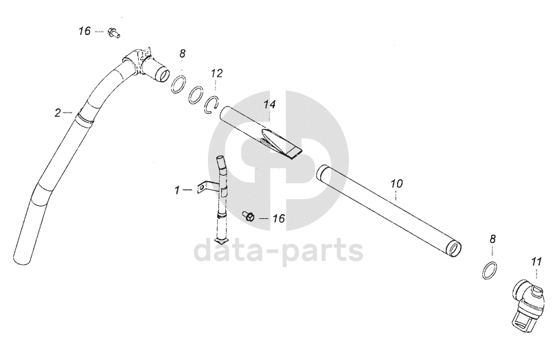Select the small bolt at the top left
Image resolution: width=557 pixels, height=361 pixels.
click(x=115, y=31)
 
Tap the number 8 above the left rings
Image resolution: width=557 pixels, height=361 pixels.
click(x=182, y=54)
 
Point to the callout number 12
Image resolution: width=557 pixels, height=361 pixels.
click(x=216, y=72)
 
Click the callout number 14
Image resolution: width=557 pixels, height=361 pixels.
click(x=269, y=105)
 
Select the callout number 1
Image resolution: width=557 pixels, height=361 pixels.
click(x=178, y=189)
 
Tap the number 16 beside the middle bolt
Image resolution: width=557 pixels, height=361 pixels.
click(x=278, y=218)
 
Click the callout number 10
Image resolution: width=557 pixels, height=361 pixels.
click(x=396, y=183)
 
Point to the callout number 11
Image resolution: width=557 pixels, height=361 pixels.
click(x=536, y=260)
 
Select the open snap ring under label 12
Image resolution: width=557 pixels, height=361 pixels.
click(x=212, y=103)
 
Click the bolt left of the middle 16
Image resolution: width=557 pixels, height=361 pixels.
click(x=250, y=217)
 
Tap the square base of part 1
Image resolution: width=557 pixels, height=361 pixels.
click(x=221, y=241)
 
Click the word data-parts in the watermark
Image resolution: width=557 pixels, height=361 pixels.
click(x=278, y=251)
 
